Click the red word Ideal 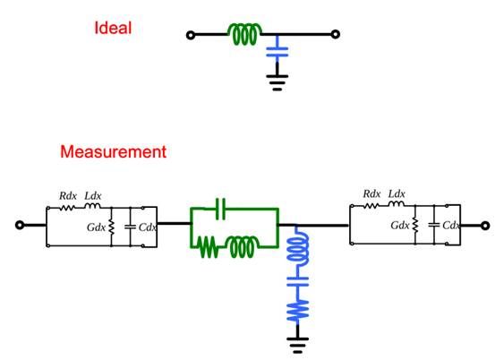point(113,28)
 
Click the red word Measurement point(113,152)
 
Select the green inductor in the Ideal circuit point(244,34)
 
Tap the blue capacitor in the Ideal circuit point(277,52)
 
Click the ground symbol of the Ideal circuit point(277,82)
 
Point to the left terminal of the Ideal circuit point(191,35)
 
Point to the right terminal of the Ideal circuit point(336,34)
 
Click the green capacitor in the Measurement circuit point(220,209)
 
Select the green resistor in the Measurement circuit point(208,247)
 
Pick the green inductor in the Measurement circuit point(243,247)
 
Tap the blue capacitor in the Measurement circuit point(297,281)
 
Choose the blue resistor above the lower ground point(297,310)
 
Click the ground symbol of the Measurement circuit point(297,345)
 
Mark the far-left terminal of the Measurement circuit point(20,225)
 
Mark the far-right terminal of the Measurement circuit point(485,226)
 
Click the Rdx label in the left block point(68,196)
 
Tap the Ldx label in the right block point(397,193)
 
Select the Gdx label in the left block point(96,227)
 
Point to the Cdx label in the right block point(451,225)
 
